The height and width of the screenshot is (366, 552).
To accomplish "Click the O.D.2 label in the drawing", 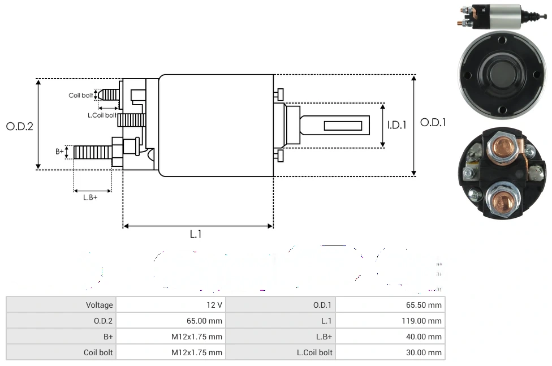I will coord(19,126).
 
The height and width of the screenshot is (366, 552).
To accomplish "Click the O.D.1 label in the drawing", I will coord(433,122).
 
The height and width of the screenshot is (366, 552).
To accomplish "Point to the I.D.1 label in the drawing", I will coord(396,125).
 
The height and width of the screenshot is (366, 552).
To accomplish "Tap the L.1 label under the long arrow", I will coord(196,234).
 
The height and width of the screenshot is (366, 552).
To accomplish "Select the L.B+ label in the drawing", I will coord(90,197).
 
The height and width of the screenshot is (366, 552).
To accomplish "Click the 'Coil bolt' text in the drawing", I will coord(80,95).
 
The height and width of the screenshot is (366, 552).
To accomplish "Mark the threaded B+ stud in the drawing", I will coord(93,152).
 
